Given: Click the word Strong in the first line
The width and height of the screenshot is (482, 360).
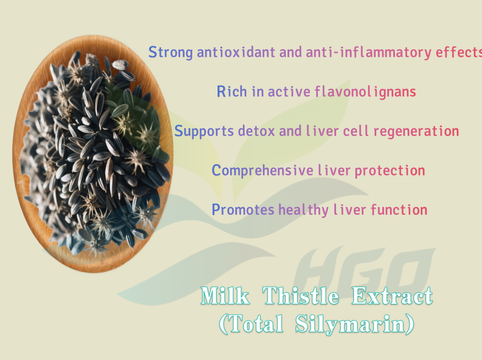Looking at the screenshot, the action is click(x=170, y=53).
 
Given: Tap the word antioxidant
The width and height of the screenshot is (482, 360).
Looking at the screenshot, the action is click(x=236, y=52).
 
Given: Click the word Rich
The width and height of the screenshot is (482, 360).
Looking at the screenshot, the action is click(x=232, y=91).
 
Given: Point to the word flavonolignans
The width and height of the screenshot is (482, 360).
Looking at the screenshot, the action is click(x=365, y=92).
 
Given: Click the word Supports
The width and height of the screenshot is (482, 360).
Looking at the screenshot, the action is click(x=204, y=132).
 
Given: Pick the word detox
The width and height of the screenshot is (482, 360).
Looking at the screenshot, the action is click(x=256, y=131).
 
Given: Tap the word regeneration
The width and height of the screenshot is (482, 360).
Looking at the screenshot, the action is click(x=416, y=132).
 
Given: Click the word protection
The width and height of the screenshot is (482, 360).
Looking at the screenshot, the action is click(x=390, y=171).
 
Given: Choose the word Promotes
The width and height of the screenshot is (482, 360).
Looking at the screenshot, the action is click(x=243, y=210).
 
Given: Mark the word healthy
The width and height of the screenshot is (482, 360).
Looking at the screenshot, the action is click(x=304, y=210).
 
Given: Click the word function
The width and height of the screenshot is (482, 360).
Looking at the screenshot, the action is click(x=399, y=210).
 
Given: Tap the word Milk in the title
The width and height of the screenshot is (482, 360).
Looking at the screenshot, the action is click(x=225, y=296).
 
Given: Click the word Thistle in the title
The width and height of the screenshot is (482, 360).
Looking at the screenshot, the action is click(x=301, y=296).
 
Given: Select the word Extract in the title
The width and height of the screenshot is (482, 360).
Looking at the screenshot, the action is click(x=392, y=296).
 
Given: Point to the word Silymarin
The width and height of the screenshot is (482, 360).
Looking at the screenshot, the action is click(x=355, y=324).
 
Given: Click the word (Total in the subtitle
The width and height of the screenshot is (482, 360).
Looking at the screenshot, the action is click(x=251, y=324).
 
